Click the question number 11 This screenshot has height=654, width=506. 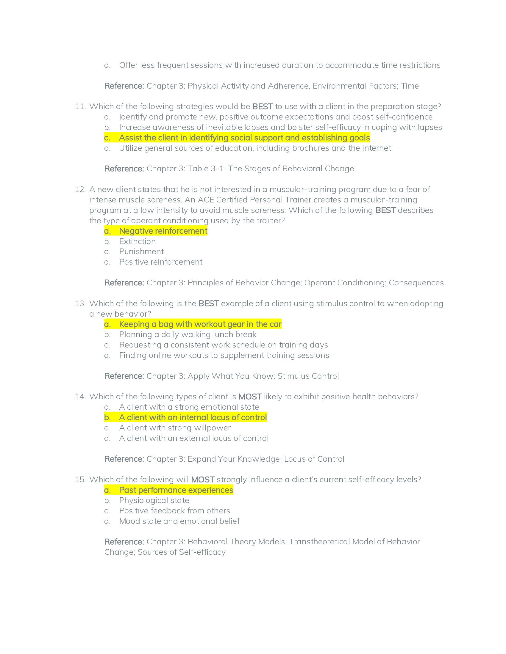tap(80, 107)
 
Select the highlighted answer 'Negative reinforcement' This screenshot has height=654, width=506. tap(163, 231)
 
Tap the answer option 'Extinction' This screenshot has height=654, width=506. tap(137, 241)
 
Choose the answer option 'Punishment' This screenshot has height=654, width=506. tap(141, 251)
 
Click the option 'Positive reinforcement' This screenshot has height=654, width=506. tap(161, 262)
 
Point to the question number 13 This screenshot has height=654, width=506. tap(80, 304)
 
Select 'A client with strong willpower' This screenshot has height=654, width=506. tap(175, 428)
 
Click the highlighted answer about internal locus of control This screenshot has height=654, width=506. tap(193, 417)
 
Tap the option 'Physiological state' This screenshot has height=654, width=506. tap(154, 500)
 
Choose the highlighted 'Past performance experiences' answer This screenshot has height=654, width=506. tap(176, 490)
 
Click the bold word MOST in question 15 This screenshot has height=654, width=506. tap(203, 480)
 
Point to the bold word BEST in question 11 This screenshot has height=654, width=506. tap(263, 107)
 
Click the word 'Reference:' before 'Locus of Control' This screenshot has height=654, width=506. tap(124, 459)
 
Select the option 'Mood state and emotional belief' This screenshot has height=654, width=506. tap(179, 521)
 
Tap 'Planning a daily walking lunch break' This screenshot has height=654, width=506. tap(188, 334)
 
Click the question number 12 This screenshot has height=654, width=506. tap(80, 190)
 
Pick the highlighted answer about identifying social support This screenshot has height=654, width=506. tap(244, 138)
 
